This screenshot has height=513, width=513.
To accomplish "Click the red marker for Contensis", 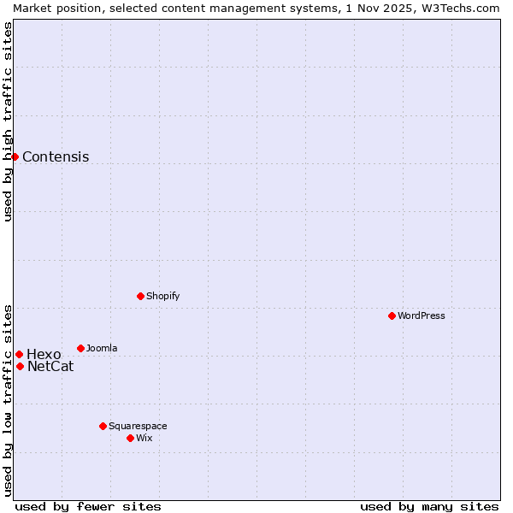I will click(x=15, y=156).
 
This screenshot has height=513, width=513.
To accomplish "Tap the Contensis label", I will click(x=56, y=157).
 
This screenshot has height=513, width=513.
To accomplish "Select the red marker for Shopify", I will click(x=140, y=296).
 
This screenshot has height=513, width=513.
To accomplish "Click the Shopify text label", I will click(x=162, y=297).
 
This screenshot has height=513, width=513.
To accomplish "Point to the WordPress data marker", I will click(x=392, y=315).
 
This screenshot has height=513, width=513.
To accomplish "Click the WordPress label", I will click(x=422, y=316).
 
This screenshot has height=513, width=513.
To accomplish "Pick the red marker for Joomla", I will click(x=80, y=348).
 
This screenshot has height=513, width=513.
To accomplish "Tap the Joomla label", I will click(x=102, y=349).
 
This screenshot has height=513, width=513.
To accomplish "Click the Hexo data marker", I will click(x=19, y=354).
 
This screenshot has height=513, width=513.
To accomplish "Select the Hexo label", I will click(x=44, y=355).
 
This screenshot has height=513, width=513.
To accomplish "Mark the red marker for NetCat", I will click(x=20, y=366).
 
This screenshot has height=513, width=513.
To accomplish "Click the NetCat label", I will click(x=50, y=367).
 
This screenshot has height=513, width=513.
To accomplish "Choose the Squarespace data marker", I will click(x=103, y=426).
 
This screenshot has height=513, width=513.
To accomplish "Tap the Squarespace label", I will click(x=138, y=427).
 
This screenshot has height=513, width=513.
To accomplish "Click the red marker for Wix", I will click(x=130, y=438).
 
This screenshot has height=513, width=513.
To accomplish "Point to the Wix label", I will click(x=144, y=439).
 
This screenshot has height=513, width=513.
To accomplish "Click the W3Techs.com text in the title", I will click(x=465, y=8).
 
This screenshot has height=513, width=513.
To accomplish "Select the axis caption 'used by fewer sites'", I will click(x=88, y=506).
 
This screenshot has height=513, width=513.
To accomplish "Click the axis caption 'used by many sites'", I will click(x=429, y=506).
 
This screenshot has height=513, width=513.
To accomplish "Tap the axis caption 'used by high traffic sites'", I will click(x=9, y=121).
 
